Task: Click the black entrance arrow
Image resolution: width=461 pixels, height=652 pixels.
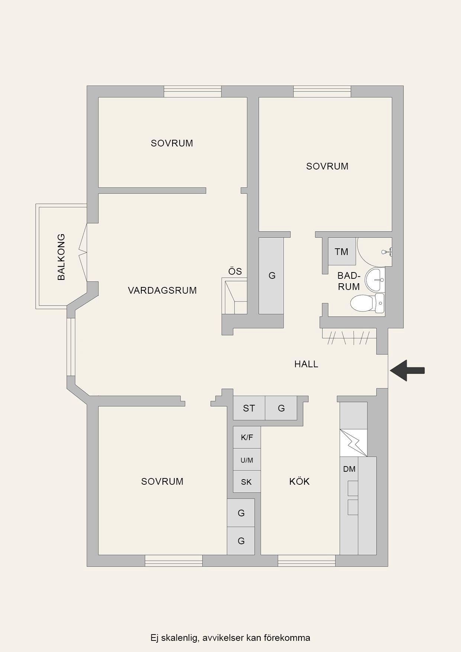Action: [407, 370]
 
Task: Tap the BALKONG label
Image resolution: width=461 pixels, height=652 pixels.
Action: [61, 257]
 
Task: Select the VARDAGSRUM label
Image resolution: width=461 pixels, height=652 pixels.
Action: [162, 290]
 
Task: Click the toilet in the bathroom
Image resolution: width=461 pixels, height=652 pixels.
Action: [368, 303]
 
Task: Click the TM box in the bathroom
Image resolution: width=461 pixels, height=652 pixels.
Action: [342, 251]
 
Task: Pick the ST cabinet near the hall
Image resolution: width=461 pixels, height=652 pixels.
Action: [249, 408]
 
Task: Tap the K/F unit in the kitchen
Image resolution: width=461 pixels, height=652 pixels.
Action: [247, 437]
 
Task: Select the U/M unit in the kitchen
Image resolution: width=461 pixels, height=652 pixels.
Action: [247, 460]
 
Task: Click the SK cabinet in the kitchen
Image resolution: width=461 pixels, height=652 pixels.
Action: [247, 482]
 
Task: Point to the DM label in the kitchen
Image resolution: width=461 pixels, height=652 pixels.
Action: [349, 469]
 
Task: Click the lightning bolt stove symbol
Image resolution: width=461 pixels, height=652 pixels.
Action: [353, 443]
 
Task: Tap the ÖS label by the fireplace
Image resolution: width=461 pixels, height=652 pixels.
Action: [235, 271]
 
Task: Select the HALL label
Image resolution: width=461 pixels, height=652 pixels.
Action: [306, 364]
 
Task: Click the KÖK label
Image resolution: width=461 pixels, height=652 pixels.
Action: [299, 481]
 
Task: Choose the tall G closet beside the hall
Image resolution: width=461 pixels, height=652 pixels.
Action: [271, 275]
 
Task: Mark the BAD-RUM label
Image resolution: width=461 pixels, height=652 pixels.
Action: [349, 281]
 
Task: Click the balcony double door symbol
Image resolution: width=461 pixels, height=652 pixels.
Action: [83, 252]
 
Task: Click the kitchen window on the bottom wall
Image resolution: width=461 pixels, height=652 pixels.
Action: [307, 561]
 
